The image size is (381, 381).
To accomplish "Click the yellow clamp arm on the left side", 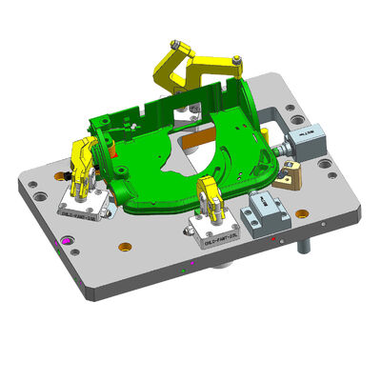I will (x=83, y=156).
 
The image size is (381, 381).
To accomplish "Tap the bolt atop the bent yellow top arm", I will (x=175, y=44).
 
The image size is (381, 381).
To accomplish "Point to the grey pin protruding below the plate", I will (x=304, y=247).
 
